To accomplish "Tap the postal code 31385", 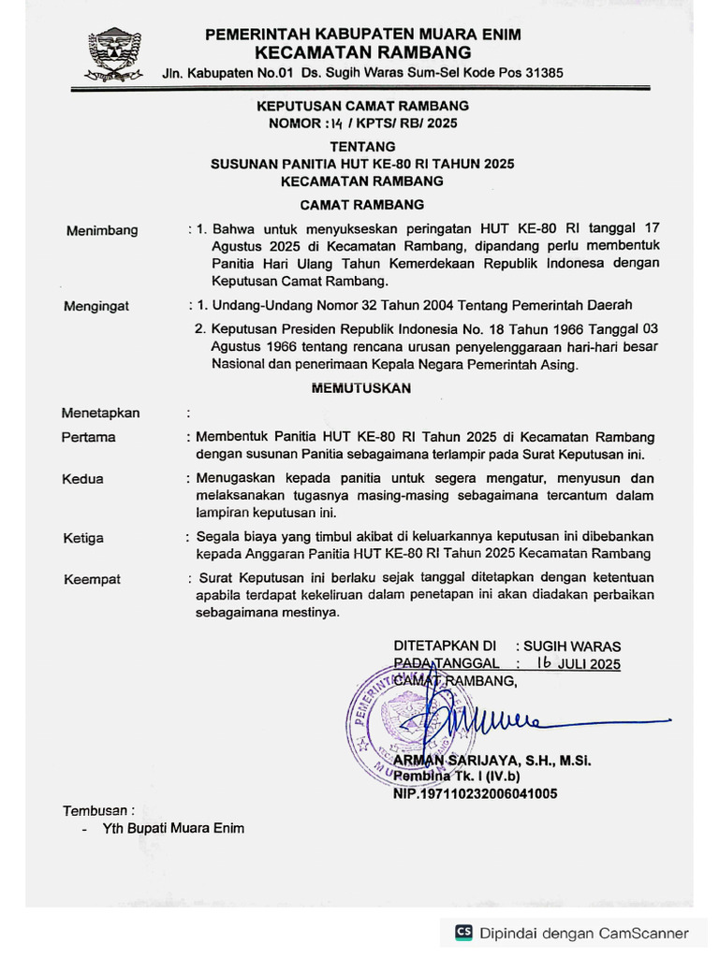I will (540, 72).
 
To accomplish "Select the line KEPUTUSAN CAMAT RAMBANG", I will (362, 106).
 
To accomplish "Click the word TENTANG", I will (362, 146).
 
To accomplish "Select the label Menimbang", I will (102, 230).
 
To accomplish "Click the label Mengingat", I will (96, 306).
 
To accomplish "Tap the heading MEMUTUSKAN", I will (361, 388).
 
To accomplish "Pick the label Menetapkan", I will (100, 413).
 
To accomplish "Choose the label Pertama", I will (89, 437).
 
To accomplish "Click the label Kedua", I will (82, 479).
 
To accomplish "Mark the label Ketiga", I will (83, 538).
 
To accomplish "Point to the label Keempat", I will (92, 579).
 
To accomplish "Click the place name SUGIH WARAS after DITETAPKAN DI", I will (571, 646).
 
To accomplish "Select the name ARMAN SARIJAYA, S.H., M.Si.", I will (492, 760).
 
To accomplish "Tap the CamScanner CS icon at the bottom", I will (463, 932).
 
